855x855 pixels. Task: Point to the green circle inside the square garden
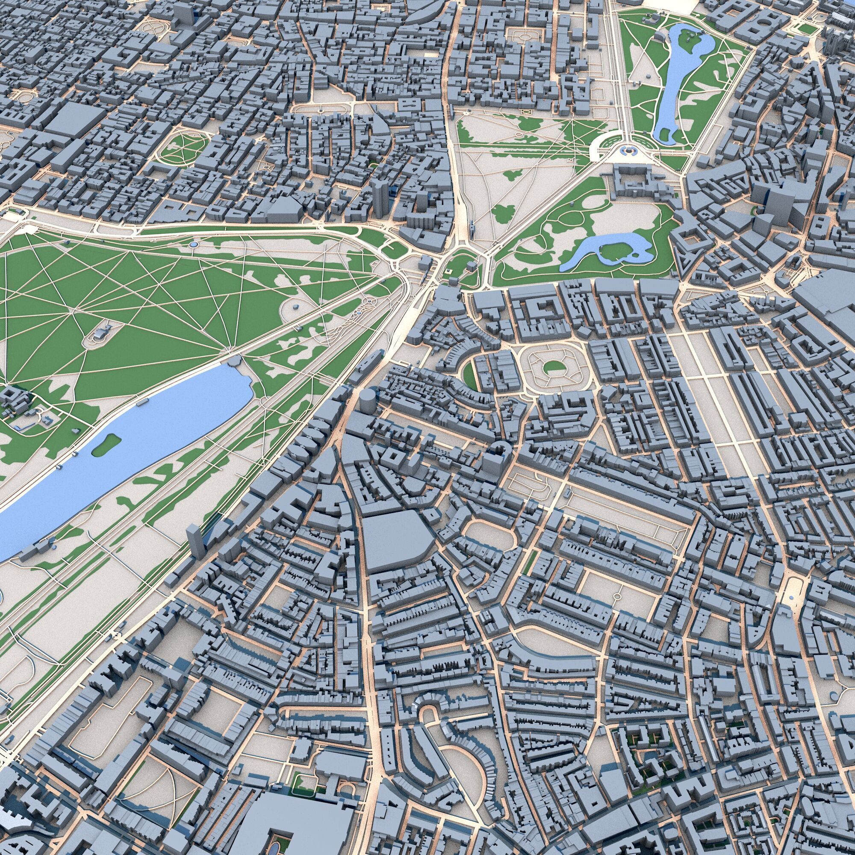pos(551,366)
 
